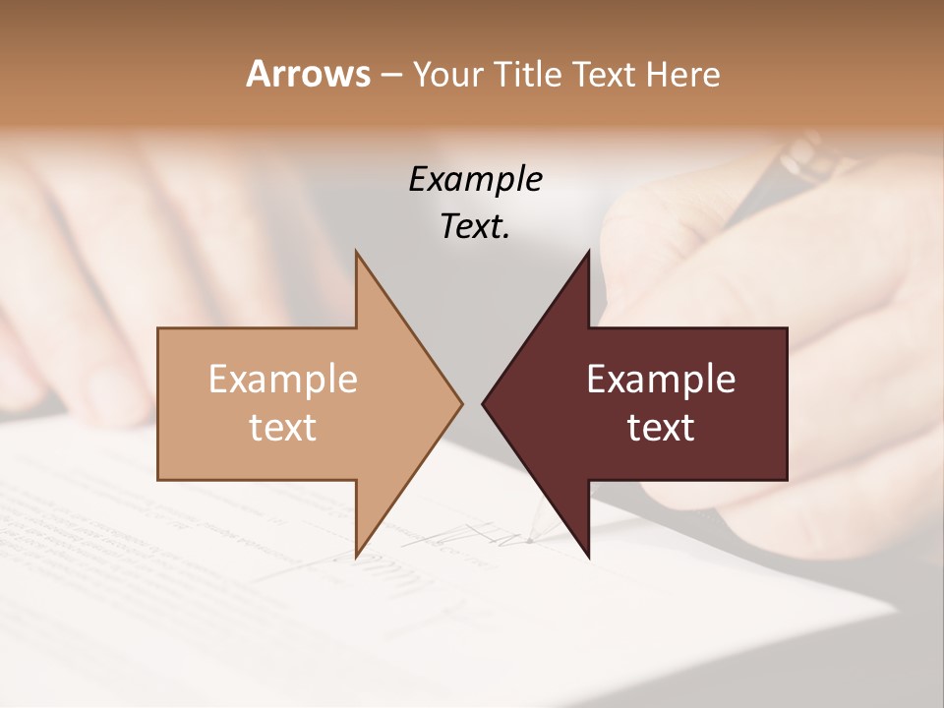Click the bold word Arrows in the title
coord(308,74)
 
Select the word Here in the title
coord(682,74)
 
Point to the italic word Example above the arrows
coord(475,179)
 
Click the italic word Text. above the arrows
coord(475,227)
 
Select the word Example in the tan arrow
coord(283,379)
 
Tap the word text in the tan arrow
coord(283,427)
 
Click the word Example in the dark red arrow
coord(661,379)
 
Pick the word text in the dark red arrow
coord(661,427)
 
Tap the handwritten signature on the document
coord(462,536)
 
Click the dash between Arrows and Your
coord(390,75)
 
